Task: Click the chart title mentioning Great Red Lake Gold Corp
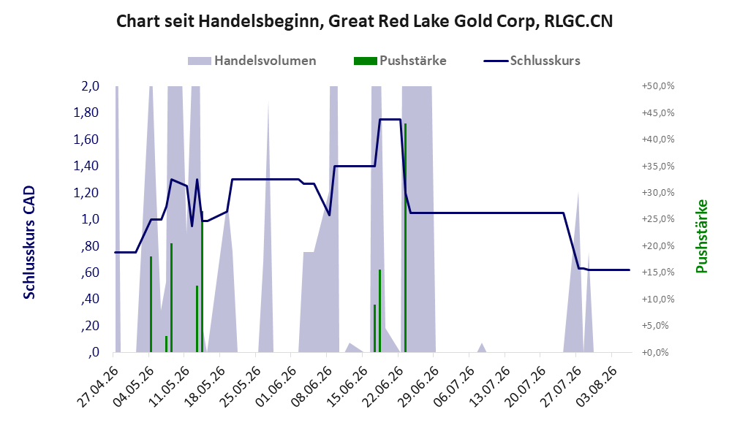pyautogui.click(x=364, y=21)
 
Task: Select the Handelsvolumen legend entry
pyautogui.click(x=252, y=61)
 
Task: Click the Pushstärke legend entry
pyautogui.click(x=400, y=61)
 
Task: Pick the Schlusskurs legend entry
pyautogui.click(x=532, y=61)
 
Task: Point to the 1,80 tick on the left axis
pyautogui.click(x=86, y=112)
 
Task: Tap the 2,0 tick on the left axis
pyautogui.click(x=90, y=86)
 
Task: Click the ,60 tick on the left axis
pyautogui.click(x=89, y=272)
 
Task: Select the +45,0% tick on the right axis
pyautogui.click(x=658, y=112)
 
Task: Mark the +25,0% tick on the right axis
pyautogui.click(x=658, y=219)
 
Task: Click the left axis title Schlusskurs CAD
pyautogui.click(x=29, y=243)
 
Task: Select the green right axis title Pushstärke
pyautogui.click(x=701, y=237)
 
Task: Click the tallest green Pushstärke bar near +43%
pyautogui.click(x=405, y=238)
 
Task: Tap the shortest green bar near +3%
pyautogui.click(x=167, y=344)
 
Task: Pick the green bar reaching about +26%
pyautogui.click(x=203, y=282)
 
